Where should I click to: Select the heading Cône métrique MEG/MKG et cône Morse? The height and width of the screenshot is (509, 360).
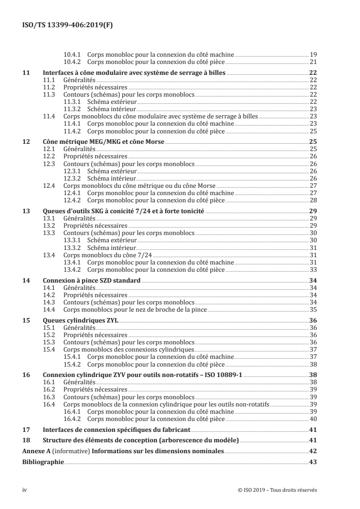(103, 142)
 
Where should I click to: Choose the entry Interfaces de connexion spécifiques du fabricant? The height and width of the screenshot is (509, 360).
(116, 430)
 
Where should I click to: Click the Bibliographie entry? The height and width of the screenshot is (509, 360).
(43, 462)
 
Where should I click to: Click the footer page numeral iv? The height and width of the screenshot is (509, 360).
(25, 490)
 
